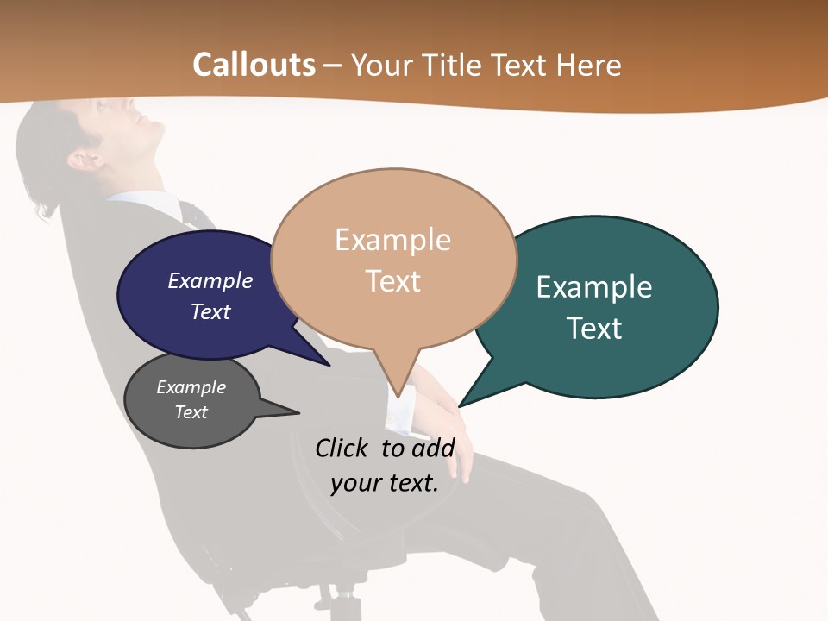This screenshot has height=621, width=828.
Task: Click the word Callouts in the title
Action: [254, 65]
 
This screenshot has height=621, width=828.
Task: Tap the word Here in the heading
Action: [589, 66]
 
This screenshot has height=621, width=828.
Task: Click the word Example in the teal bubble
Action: [594, 287]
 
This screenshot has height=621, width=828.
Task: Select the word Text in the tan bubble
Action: [393, 281]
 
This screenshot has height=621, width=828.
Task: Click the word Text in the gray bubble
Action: [191, 412]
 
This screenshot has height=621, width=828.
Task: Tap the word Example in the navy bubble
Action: [210, 281]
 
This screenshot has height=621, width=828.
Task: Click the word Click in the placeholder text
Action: [342, 448]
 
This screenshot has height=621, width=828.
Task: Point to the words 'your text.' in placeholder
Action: [385, 483]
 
